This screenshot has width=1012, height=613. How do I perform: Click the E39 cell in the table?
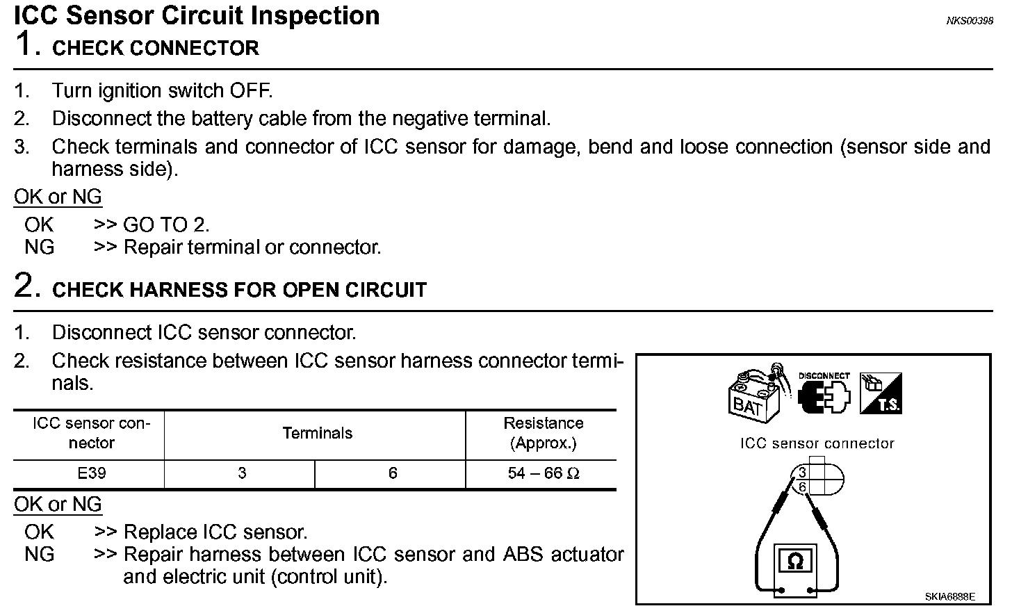pyautogui.click(x=92, y=473)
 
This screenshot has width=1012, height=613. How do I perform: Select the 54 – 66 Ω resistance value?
pyautogui.click(x=543, y=473)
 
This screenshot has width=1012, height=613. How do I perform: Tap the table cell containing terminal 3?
pyautogui.click(x=241, y=473)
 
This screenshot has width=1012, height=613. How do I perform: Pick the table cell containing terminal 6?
pyautogui.click(x=392, y=473)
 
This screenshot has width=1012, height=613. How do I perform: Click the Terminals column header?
pyautogui.click(x=317, y=434)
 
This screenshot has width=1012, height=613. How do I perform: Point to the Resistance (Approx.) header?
pyautogui.click(x=543, y=433)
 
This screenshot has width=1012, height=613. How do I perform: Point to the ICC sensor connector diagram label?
pyautogui.click(x=817, y=443)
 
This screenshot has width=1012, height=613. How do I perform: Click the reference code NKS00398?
pyautogui.click(x=969, y=21)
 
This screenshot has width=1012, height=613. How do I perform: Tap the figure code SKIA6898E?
pyautogui.click(x=949, y=596)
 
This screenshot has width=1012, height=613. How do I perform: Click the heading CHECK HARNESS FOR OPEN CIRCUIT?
pyautogui.click(x=239, y=290)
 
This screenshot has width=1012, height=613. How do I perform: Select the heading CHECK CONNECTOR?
pyautogui.click(x=156, y=48)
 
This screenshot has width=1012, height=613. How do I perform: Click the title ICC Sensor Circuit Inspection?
pyautogui.click(x=197, y=15)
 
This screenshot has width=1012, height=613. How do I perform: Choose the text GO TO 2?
pyautogui.click(x=166, y=224)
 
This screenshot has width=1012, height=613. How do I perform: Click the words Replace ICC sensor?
pyautogui.click(x=215, y=532)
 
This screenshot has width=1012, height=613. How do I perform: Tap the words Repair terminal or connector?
pyautogui.click(x=252, y=247)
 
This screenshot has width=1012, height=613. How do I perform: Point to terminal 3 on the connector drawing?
pyautogui.click(x=802, y=474)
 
